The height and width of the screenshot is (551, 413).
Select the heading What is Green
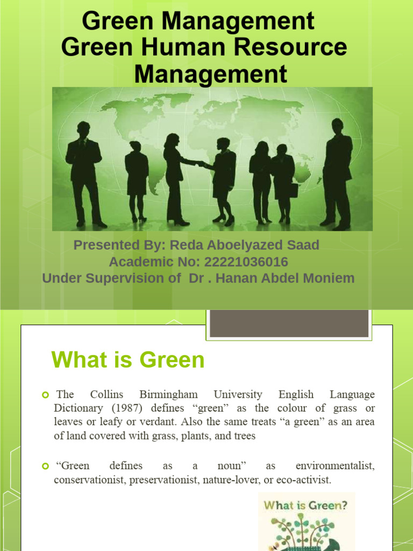point(128,360)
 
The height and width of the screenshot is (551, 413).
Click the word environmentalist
point(334,465)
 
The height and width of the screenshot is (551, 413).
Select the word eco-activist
point(309,479)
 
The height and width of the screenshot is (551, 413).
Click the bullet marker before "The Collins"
point(46,395)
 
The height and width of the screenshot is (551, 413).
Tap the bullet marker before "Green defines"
point(46,466)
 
